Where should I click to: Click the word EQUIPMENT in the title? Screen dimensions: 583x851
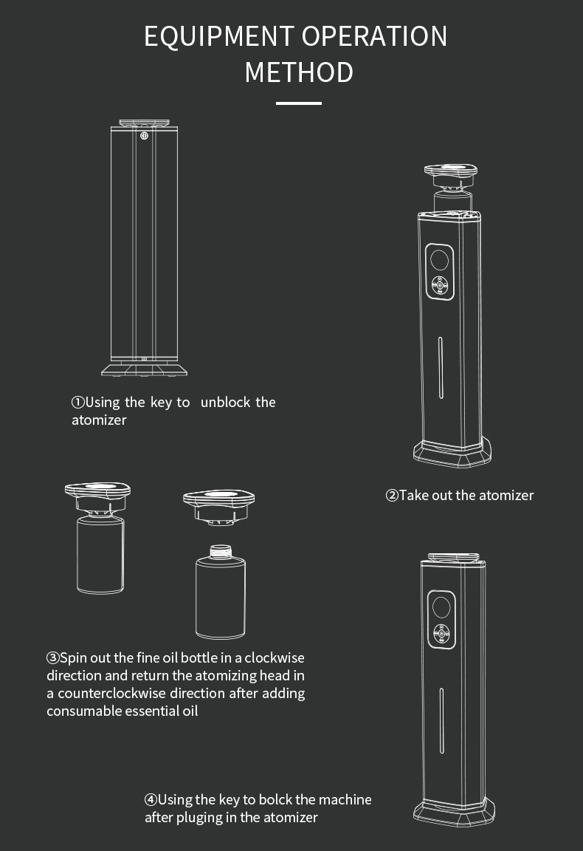(x=218, y=37)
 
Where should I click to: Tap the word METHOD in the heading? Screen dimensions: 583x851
(x=299, y=72)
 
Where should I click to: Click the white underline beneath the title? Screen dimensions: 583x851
(x=298, y=103)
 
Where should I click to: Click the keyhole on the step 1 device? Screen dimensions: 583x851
(x=144, y=136)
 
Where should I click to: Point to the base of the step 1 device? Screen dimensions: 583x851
(x=144, y=369)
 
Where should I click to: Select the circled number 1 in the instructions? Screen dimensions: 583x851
(x=78, y=402)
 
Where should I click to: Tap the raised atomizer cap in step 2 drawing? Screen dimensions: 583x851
(x=451, y=177)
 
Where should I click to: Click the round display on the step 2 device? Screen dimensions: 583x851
(x=439, y=260)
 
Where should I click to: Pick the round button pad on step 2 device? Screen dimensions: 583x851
(x=440, y=284)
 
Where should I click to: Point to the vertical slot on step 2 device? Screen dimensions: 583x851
(x=441, y=368)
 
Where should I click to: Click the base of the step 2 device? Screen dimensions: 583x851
(x=452, y=453)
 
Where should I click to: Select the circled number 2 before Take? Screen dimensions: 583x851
(x=392, y=496)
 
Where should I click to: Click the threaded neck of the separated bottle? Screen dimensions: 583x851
(x=220, y=552)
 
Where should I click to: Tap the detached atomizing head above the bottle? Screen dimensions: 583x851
(x=219, y=507)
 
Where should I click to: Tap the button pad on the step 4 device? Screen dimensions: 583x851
(x=441, y=633)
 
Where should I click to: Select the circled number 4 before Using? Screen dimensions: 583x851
(x=151, y=799)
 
